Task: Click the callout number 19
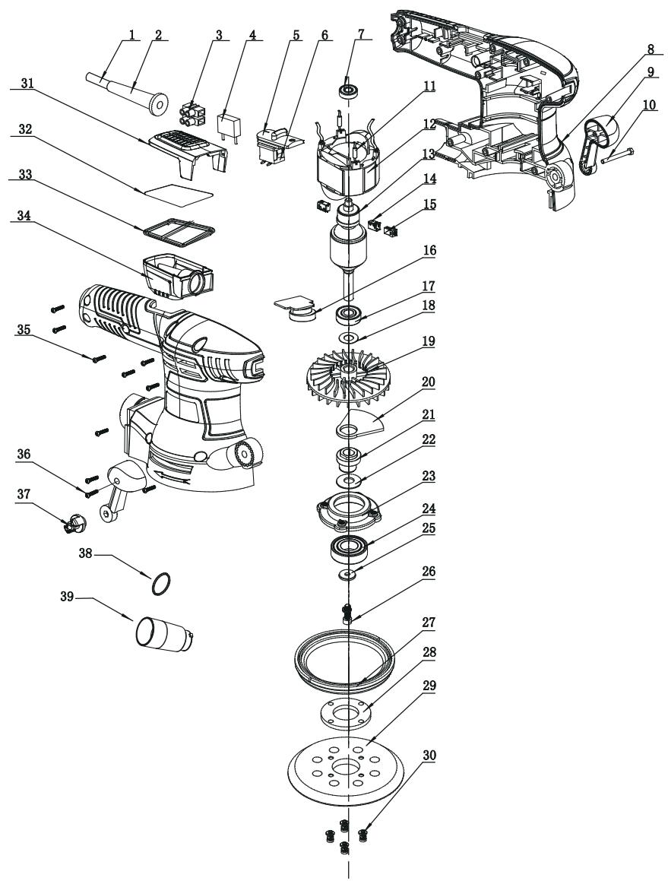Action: pos(429,341)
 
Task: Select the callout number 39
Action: pos(67,597)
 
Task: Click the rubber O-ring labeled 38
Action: pos(160,583)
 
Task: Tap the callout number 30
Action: pos(429,756)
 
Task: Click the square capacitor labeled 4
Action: pos(228,125)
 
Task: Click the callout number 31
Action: pos(27,83)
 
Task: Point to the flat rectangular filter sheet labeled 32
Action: pos(178,191)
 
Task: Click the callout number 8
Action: pos(650,49)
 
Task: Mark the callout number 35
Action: pos(23,329)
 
